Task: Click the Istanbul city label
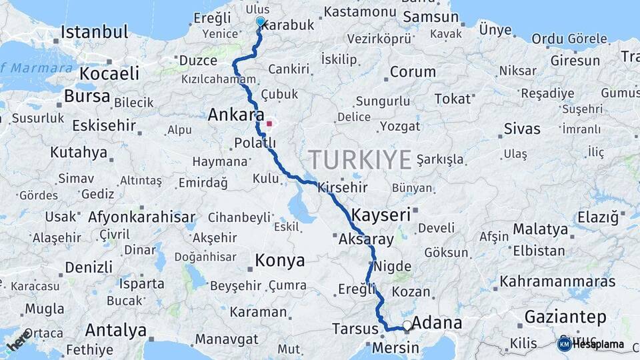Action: [x=94, y=31]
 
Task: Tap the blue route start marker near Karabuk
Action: [x=260, y=21]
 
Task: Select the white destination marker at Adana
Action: [x=407, y=325]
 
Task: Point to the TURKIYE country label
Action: [x=360, y=160]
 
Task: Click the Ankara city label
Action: [x=235, y=115]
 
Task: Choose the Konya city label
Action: [x=280, y=260]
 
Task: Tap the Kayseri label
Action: [x=381, y=215]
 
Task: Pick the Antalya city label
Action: [x=115, y=330]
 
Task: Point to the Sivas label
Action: [x=522, y=128]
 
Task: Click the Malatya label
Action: [x=541, y=229]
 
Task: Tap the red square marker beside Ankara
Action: [x=269, y=123]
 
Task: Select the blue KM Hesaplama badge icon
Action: [x=564, y=344]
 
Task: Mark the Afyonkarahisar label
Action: [x=141, y=217]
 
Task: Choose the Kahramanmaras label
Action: [x=557, y=281]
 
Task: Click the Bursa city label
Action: [x=87, y=96]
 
